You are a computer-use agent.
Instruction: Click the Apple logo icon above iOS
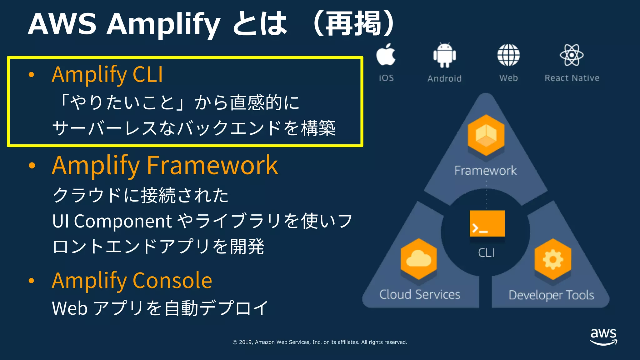[386, 55]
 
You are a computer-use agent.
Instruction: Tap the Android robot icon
[444, 55]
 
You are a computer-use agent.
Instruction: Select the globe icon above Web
[508, 55]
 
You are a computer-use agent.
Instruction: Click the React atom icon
[572, 55]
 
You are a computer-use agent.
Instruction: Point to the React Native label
[572, 78]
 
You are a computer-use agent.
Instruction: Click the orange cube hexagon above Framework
[486, 135]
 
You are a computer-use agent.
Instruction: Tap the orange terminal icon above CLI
[487, 224]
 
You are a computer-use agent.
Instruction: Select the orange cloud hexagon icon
[419, 259]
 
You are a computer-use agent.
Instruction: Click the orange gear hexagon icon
[553, 259]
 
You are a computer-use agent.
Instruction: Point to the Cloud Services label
[420, 294]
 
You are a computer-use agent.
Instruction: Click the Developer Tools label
[551, 295]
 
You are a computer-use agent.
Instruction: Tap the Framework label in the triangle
[485, 171]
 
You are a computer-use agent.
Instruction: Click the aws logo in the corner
[603, 336]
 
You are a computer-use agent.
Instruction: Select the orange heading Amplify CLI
[107, 75]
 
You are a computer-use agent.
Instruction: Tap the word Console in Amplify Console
[172, 280]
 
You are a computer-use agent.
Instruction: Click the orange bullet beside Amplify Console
[31, 281]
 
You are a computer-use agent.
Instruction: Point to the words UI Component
[112, 221]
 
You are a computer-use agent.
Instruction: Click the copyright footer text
[320, 342]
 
